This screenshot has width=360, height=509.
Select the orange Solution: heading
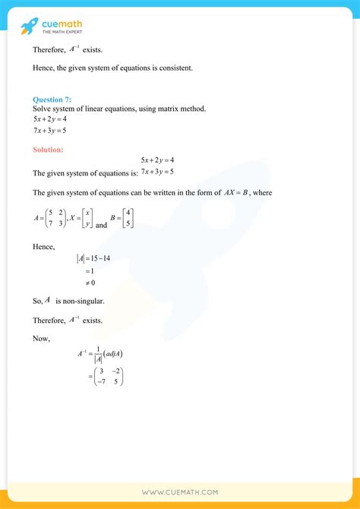click(48, 150)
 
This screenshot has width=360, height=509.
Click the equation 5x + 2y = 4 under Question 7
click(50, 119)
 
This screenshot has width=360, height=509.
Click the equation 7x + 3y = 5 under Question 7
click(50, 130)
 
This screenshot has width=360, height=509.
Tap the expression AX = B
click(236, 193)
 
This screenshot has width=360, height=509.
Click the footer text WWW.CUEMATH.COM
click(180, 492)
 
